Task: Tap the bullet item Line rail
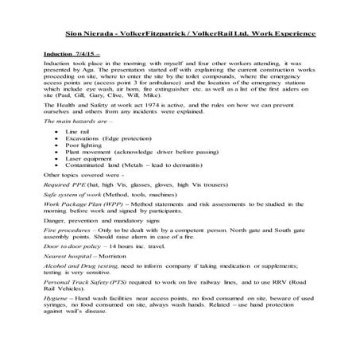79,130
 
